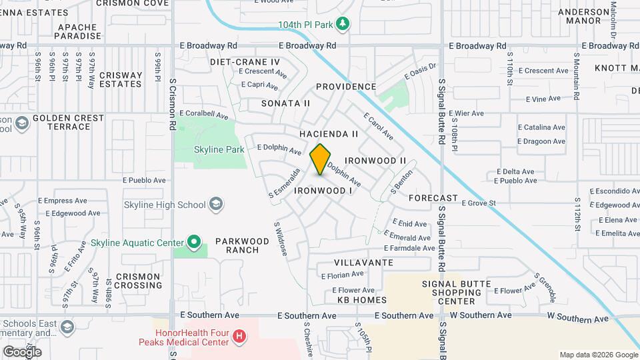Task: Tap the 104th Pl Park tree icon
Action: pyautogui.click(x=343, y=25)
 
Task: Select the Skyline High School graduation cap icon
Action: pyautogui.click(x=215, y=204)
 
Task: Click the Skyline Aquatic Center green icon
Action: pyautogui.click(x=193, y=242)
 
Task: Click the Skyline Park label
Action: pyautogui.click(x=219, y=150)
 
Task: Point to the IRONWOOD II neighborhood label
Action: pyautogui.click(x=375, y=161)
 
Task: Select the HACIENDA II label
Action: pyautogui.click(x=329, y=134)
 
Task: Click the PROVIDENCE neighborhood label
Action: pyautogui.click(x=346, y=87)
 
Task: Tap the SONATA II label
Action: pyautogui.click(x=285, y=103)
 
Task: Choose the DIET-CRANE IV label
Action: pyautogui.click(x=245, y=61)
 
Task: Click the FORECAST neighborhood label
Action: pyautogui.click(x=433, y=198)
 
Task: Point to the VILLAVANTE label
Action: pyautogui.click(x=363, y=263)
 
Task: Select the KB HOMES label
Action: pyautogui.click(x=361, y=300)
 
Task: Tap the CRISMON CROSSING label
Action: pyautogui.click(x=138, y=281)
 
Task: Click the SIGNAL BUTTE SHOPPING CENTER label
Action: pyautogui.click(x=457, y=292)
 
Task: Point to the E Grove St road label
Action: pyautogui.click(x=478, y=203)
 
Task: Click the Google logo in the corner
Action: pyautogui.click(x=22, y=351)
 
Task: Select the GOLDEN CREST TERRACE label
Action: pyautogui.click(x=69, y=122)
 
